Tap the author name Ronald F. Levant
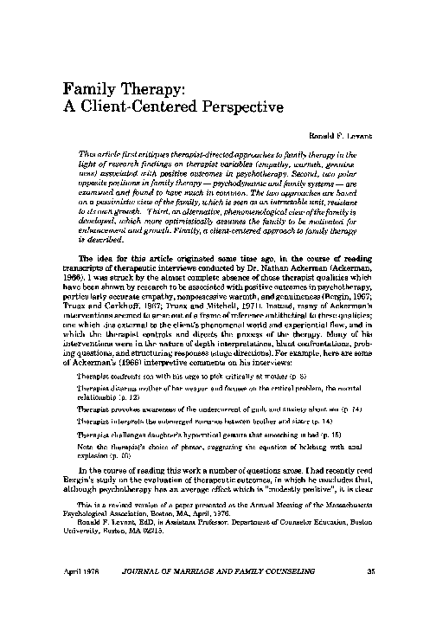pyautogui.click(x=352, y=137)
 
